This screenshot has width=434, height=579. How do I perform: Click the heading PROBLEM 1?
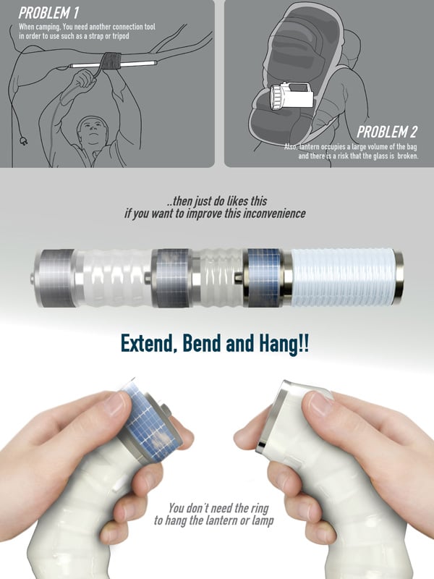[48, 13]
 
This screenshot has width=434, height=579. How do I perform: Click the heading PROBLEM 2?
[387, 132]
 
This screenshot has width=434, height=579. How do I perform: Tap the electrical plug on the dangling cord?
[23, 140]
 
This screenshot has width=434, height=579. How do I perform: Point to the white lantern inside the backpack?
[292, 96]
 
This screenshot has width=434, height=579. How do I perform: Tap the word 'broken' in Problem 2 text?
[408, 156]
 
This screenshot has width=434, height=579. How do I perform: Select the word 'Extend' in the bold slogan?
[148, 344]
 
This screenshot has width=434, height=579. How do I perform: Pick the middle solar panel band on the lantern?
[172, 278]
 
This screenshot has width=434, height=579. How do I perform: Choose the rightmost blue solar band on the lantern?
[264, 278]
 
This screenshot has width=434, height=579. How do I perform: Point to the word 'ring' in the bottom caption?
[260, 508]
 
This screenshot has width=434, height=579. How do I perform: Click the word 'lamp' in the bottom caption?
[263, 521]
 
